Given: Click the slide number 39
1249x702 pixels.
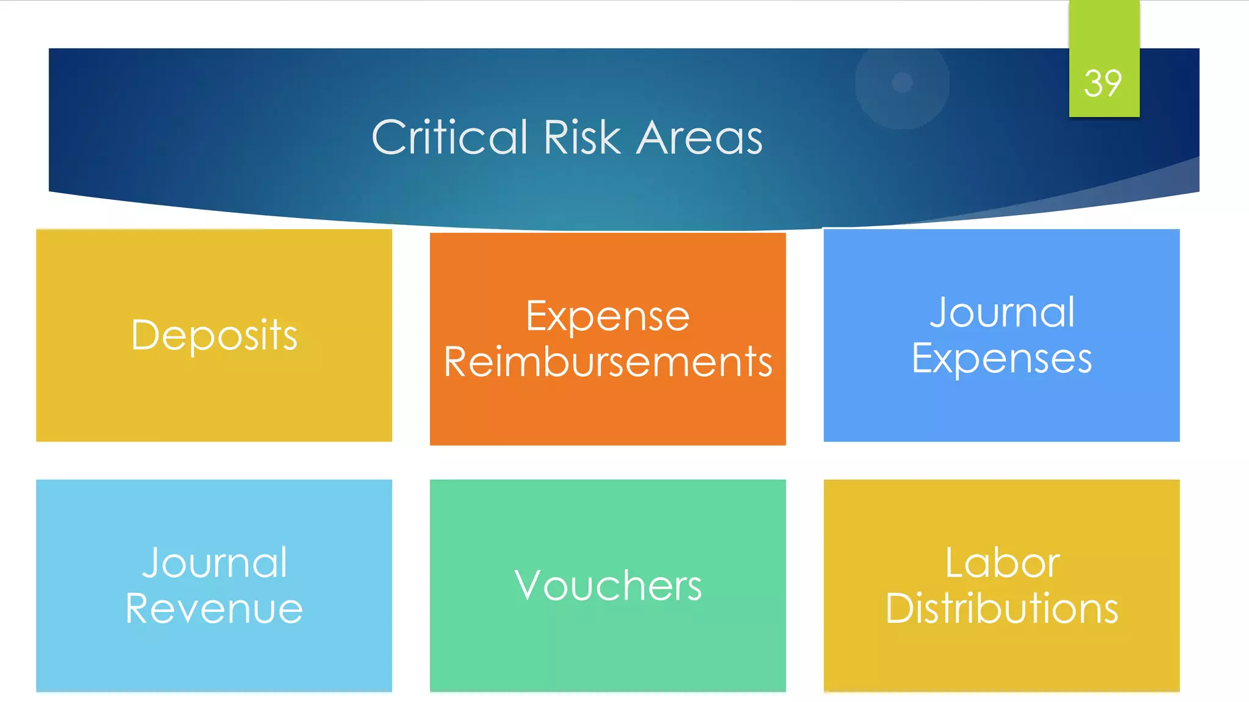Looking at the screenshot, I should tap(1103, 83).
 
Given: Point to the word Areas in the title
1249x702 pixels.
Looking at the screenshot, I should tap(700, 137).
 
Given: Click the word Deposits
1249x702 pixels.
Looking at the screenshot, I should tap(214, 335).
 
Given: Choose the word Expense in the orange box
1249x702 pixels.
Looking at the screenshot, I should tap(607, 316).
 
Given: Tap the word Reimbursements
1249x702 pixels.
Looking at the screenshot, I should tap(607, 362).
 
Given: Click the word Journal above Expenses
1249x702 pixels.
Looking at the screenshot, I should tap(1001, 313).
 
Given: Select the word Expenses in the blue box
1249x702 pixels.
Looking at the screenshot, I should tap(1001, 358).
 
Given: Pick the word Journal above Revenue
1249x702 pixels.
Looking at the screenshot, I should tap(214, 562).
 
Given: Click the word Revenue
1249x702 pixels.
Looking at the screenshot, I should tap(214, 608).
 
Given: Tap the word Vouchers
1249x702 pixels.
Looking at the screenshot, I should tap(607, 586).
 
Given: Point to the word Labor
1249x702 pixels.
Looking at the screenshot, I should tap(1002, 562).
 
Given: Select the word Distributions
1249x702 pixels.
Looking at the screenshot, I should tap(1001, 608).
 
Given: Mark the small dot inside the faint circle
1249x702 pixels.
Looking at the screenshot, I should tap(902, 82).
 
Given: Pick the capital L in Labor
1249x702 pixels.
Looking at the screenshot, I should tap(956, 562).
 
